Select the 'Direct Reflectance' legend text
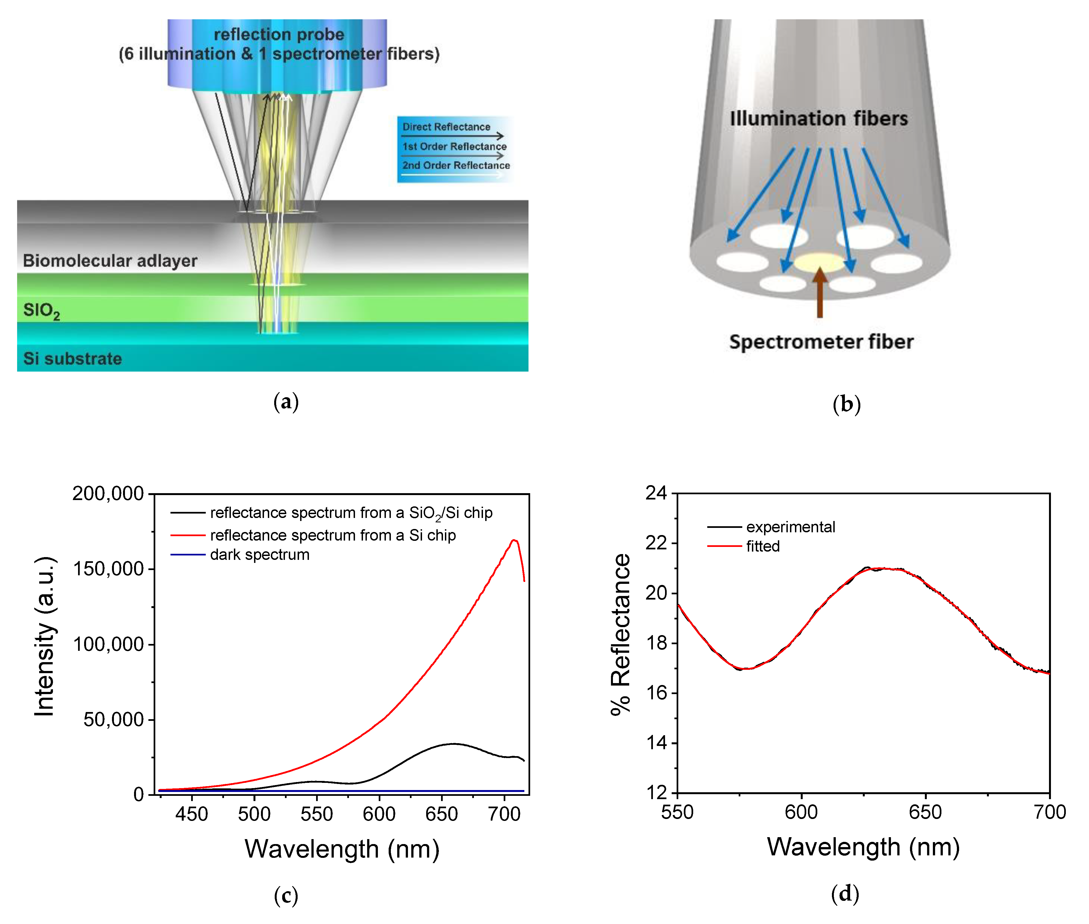click(446, 127)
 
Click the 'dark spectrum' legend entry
click(259, 555)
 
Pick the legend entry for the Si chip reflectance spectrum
click(332, 535)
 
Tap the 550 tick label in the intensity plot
click(317, 814)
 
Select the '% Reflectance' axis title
click(620, 634)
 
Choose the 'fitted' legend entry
click(762, 546)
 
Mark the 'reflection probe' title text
click(279, 34)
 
